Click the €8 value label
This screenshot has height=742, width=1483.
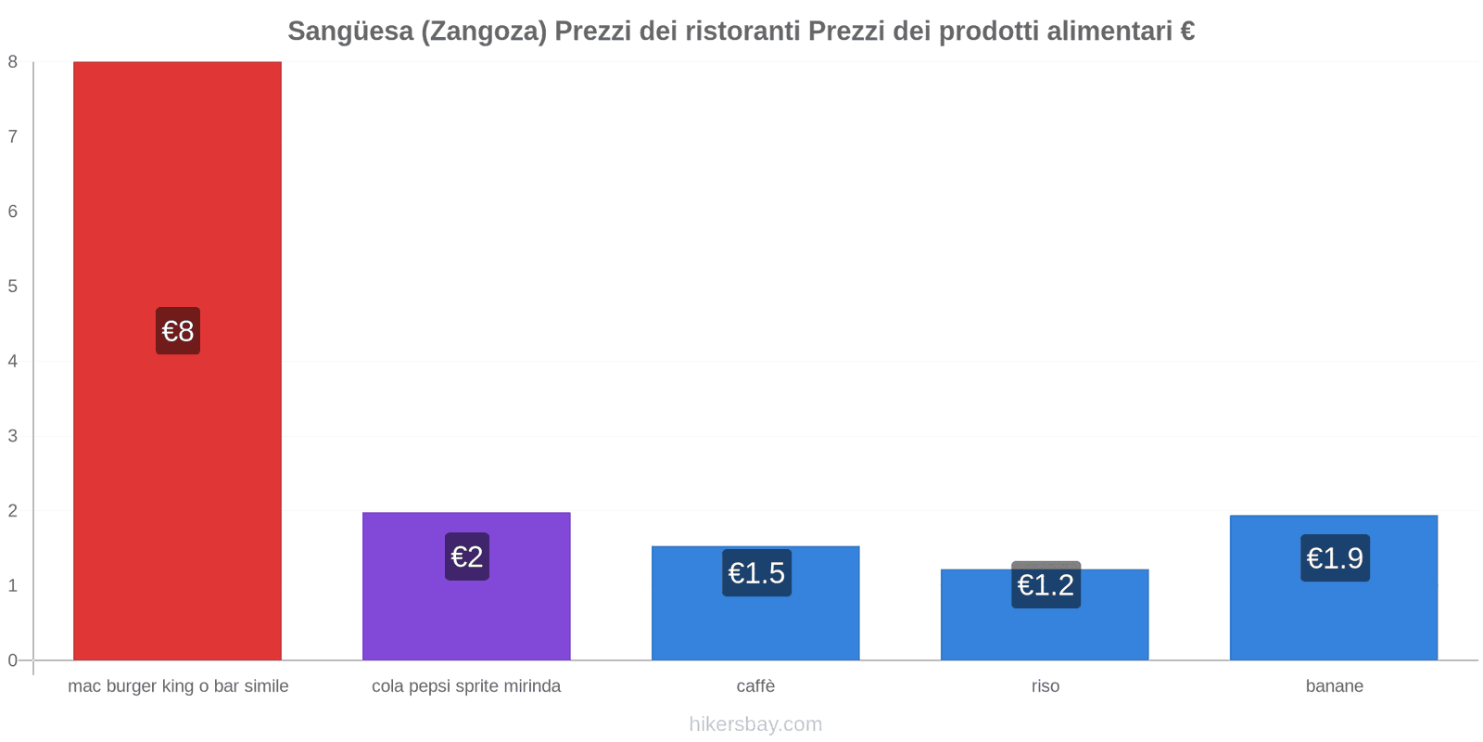(178, 331)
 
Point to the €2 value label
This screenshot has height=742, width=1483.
(467, 556)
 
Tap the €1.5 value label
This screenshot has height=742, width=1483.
(756, 573)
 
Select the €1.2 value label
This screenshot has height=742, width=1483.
(1046, 585)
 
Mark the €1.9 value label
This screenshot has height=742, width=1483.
(1335, 558)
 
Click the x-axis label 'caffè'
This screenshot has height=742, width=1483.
(755, 686)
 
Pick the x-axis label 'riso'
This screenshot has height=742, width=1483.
(1045, 686)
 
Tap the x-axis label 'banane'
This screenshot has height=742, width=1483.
(1334, 686)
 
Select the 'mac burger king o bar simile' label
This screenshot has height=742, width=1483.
(178, 686)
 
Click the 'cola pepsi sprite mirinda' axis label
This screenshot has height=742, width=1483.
(466, 686)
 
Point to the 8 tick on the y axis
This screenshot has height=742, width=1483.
(13, 62)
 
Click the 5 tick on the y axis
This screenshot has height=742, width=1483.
(13, 287)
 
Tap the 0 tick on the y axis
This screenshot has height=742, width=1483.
(13, 660)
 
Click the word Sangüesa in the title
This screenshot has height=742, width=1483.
(350, 32)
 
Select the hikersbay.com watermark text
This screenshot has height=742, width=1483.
(755, 724)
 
